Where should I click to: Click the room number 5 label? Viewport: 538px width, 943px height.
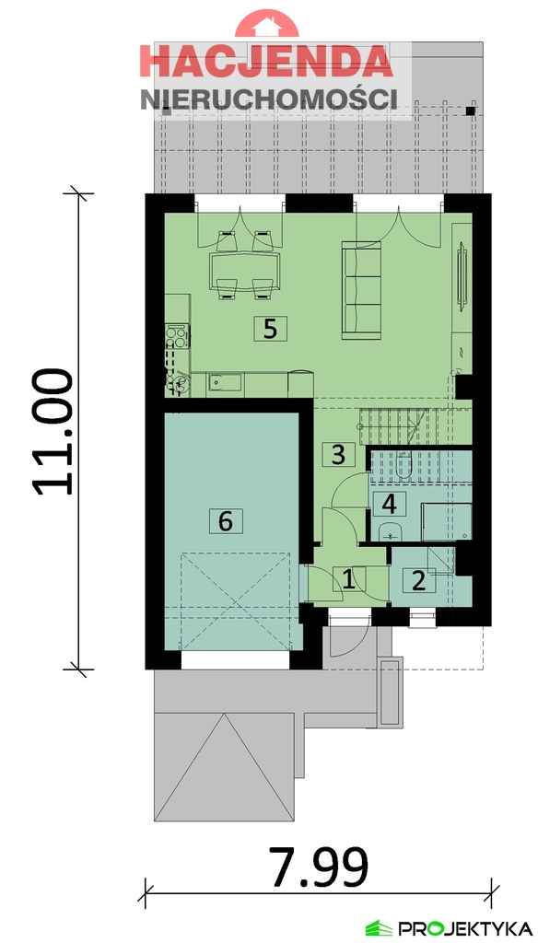269,329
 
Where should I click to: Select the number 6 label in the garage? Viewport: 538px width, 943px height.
225,520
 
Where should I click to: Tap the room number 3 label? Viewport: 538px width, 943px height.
338,454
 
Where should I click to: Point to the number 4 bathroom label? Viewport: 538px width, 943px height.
390,504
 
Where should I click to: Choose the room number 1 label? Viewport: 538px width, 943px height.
348,579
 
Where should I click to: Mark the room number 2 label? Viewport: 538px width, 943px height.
418,580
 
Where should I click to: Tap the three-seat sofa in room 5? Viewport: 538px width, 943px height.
362,287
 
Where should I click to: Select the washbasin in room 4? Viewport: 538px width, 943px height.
390,530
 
